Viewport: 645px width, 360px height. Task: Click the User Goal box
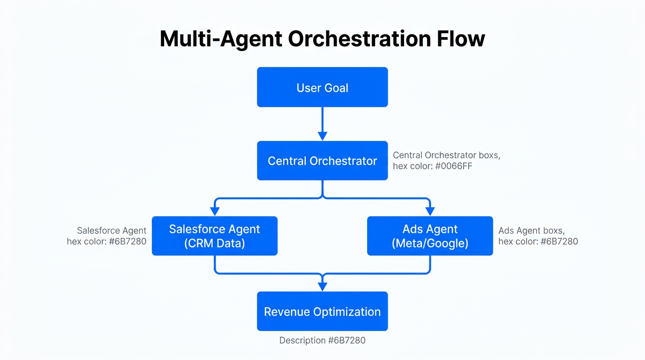click(x=322, y=87)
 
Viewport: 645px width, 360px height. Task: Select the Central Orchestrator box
click(x=322, y=161)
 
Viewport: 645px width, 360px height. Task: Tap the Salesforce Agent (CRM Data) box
click(x=214, y=236)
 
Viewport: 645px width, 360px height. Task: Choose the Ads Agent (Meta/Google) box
click(x=430, y=236)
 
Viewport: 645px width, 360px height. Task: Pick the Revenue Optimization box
click(x=322, y=312)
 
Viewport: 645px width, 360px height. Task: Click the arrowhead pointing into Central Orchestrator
click(x=322, y=136)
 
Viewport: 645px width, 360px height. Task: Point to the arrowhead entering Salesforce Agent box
click(x=215, y=211)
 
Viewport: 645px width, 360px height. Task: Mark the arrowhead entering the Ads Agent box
click(x=430, y=211)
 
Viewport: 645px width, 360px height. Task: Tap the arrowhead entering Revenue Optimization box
click(x=322, y=287)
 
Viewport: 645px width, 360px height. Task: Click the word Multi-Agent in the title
click(x=220, y=39)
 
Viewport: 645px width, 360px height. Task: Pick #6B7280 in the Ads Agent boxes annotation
click(x=559, y=241)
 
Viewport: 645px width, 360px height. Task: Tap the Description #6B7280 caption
click(x=322, y=340)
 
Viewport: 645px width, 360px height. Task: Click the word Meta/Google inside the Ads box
click(x=430, y=243)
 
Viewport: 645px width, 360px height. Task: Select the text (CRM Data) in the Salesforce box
click(x=214, y=243)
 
